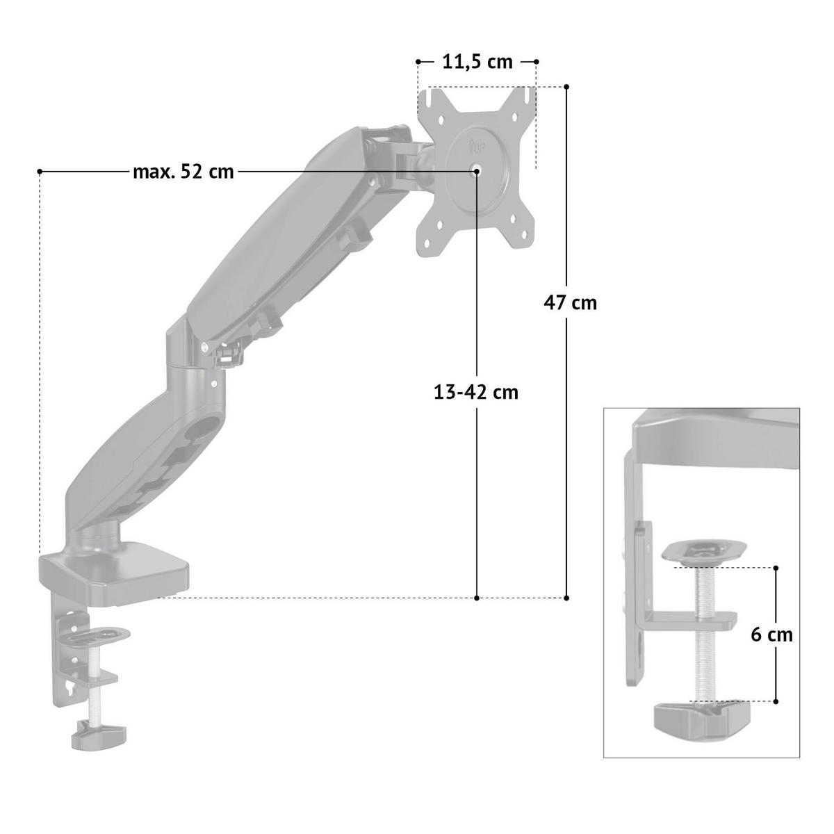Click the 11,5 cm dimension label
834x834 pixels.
[477, 63]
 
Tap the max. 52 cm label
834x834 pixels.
[183, 172]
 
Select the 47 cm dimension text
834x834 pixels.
[570, 302]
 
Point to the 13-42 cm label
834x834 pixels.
[475, 393]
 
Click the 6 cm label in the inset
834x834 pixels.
[771, 635]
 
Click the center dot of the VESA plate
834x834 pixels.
[477, 172]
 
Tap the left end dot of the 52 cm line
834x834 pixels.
[40, 172]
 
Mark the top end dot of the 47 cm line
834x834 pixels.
[566, 87]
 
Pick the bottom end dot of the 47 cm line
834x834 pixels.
[566, 598]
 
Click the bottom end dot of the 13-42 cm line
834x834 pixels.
[477, 598]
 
